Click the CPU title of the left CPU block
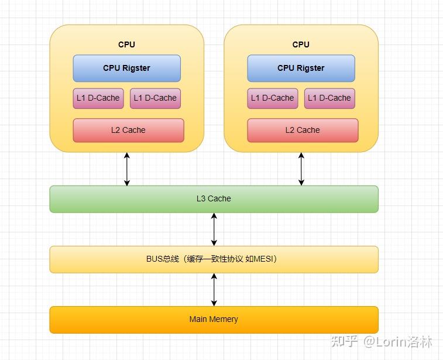pos(126,44)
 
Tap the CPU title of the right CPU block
pos(301,44)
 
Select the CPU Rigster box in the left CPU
pos(126,68)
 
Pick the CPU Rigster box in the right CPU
pos(301,68)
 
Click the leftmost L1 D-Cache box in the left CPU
pos(98,98)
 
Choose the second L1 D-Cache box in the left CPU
pos(155,98)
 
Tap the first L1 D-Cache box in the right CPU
pos(272,98)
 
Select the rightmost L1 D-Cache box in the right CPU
pos(329,98)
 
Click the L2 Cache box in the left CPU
pos(128,131)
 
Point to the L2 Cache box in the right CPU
pos(303,131)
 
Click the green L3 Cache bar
pos(214,199)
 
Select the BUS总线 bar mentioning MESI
pos(214,259)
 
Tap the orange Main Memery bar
pos(214,320)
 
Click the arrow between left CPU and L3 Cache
pos(127,169)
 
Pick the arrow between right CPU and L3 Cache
pos(301,169)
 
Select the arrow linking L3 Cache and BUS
pos(214,229)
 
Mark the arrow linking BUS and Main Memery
pos(214,290)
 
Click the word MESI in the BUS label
pos(263,259)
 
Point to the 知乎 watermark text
pos(344,341)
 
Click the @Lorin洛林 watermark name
pos(397,342)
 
